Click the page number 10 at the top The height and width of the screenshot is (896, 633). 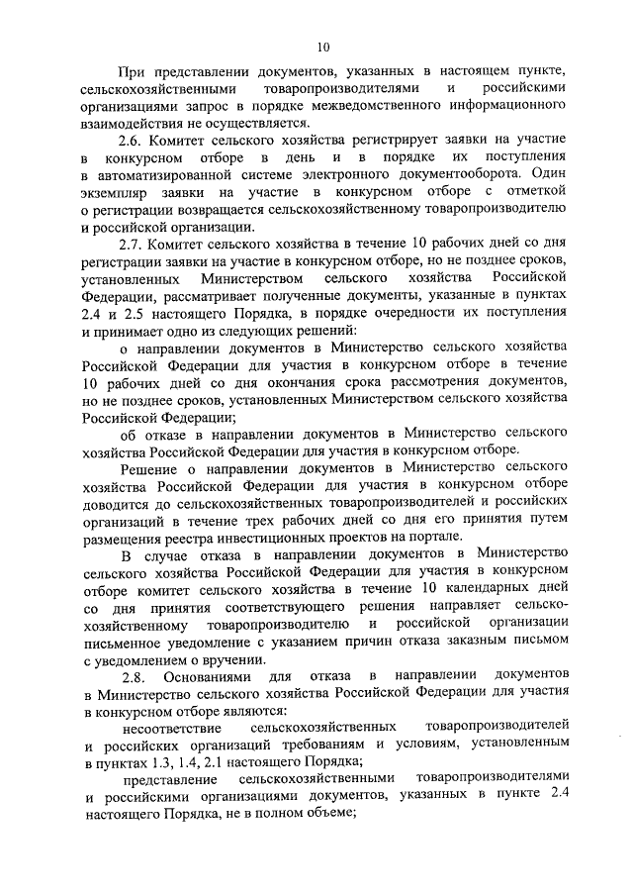(322, 47)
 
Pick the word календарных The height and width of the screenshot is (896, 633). (493, 589)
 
